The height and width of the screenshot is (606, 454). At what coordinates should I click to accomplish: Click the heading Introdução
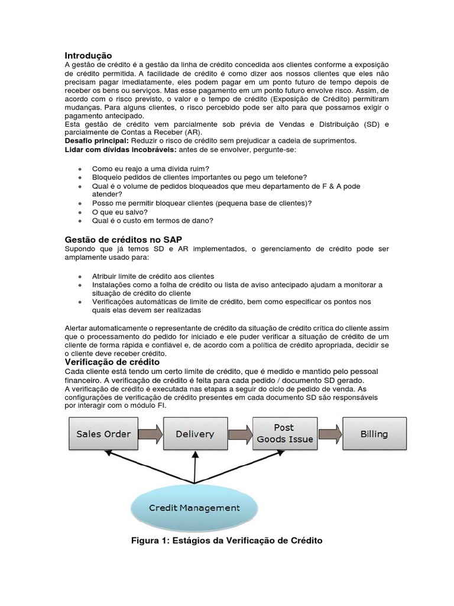pyautogui.click(x=87, y=55)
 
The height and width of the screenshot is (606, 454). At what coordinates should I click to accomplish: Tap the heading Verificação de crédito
pyautogui.click(x=112, y=362)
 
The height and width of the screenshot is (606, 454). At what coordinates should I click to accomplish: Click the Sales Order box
pyautogui.click(x=103, y=434)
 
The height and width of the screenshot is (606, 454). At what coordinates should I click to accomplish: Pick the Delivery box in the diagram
pyautogui.click(x=194, y=434)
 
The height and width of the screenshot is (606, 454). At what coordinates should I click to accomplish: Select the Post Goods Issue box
pyautogui.click(x=284, y=434)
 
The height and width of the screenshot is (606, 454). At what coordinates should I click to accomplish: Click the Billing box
pyautogui.click(x=374, y=434)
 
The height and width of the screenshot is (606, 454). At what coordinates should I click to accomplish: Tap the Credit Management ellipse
pyautogui.click(x=194, y=508)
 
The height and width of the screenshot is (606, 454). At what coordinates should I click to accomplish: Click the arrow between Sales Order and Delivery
pyautogui.click(x=149, y=434)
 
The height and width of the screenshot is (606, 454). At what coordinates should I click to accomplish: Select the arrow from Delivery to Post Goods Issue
pyautogui.click(x=239, y=434)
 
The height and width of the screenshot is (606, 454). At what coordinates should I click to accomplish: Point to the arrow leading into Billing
pyautogui.click(x=329, y=434)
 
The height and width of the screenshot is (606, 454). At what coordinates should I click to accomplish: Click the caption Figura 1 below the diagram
pyautogui.click(x=226, y=541)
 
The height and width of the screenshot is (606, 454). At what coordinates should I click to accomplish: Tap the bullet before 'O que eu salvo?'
pyautogui.click(x=80, y=212)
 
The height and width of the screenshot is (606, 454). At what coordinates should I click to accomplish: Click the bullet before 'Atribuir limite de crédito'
pyautogui.click(x=80, y=277)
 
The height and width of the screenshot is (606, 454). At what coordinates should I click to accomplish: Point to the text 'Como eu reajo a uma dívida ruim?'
pyautogui.click(x=151, y=169)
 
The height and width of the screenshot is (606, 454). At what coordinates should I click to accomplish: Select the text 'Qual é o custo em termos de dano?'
pyautogui.click(x=153, y=221)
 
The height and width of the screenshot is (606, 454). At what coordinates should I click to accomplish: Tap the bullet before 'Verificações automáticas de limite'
pyautogui.click(x=80, y=302)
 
